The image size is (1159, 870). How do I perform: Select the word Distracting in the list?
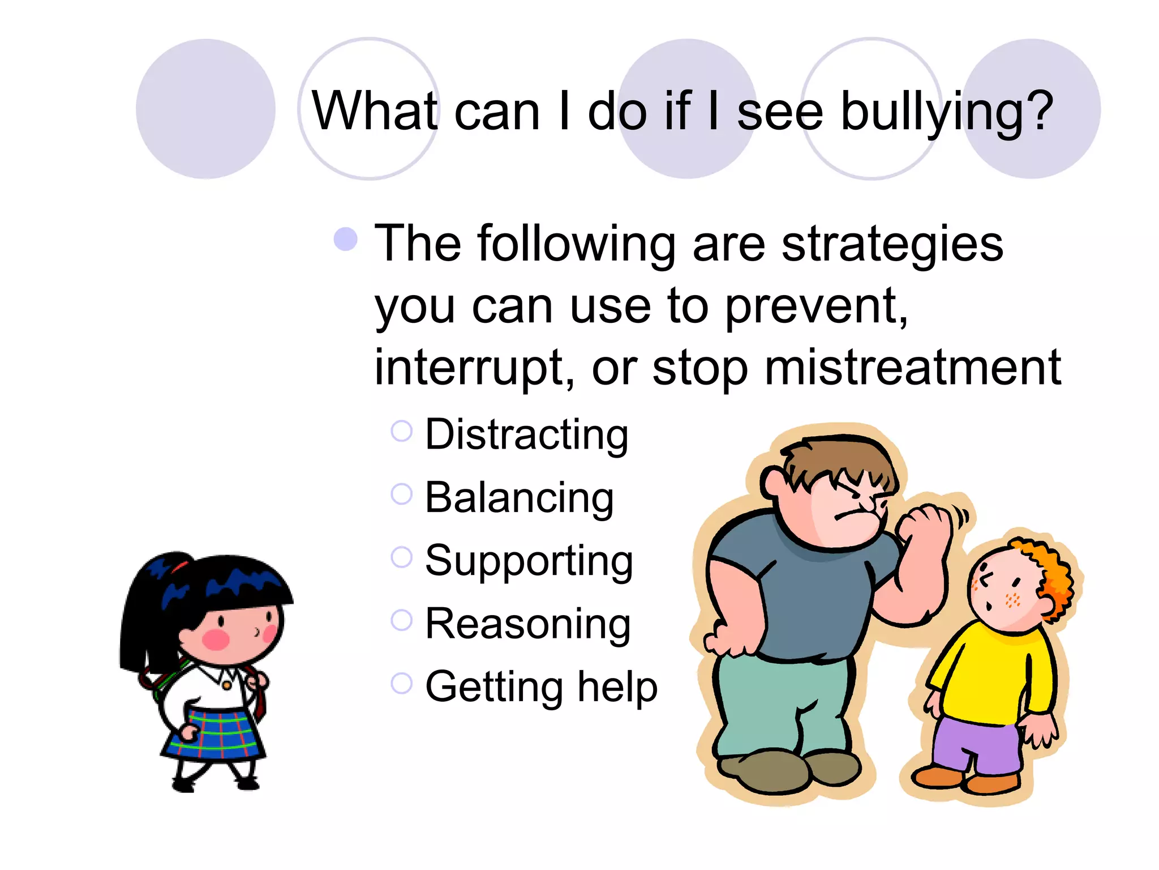(x=526, y=435)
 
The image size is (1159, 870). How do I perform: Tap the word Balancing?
(x=519, y=498)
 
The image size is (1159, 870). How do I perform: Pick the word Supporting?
(x=529, y=561)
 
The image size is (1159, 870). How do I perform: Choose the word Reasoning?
(x=527, y=624)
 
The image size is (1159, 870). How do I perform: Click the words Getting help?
(x=541, y=687)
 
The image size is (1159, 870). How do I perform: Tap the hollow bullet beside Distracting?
(x=401, y=432)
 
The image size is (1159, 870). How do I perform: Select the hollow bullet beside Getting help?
(x=401, y=683)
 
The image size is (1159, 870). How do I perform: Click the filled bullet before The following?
(x=345, y=239)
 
